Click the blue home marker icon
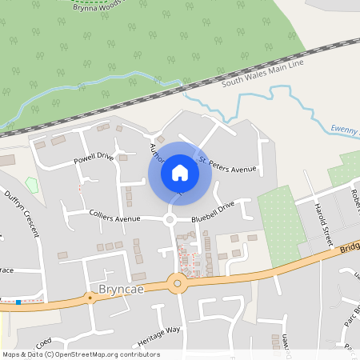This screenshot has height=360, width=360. (x=180, y=172)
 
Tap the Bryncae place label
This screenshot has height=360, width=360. (x=121, y=288)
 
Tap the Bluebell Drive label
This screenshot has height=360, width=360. (x=213, y=210)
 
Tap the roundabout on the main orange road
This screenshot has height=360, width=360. (x=177, y=282)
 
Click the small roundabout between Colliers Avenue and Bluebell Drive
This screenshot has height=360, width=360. (x=170, y=219)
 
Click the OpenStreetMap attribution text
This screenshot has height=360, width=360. (x=80, y=354)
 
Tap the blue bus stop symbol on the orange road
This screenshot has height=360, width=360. (x=18, y=302)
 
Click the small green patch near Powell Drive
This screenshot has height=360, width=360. (x=31, y=186)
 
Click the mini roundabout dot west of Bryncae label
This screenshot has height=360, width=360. (x=90, y=297)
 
